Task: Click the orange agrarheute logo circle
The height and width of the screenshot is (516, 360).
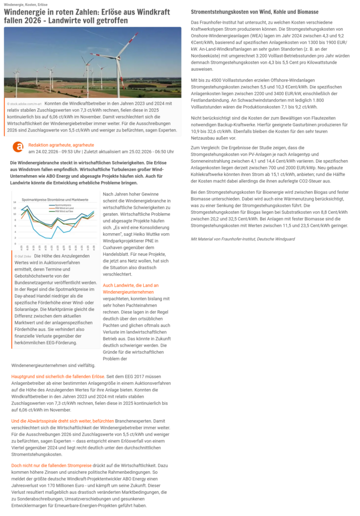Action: coord(18,147)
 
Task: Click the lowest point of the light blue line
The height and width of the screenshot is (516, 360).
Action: coord(48,238)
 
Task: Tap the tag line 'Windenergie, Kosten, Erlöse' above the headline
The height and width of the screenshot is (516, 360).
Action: coord(26,4)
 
